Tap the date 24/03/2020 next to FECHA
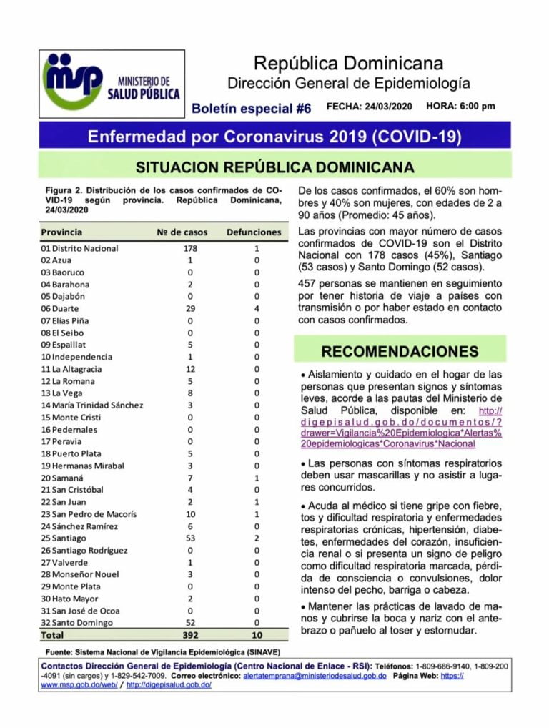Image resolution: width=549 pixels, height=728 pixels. pyautogui.click(x=388, y=107)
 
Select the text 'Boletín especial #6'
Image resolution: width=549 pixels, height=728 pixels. pyautogui.click(x=252, y=109)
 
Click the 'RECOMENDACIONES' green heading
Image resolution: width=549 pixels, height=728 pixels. pyautogui.click(x=400, y=351)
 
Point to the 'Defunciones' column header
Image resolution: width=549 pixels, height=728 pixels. pyautogui.click(x=254, y=232)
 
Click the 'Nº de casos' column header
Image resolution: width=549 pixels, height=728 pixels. pyautogui.click(x=182, y=232)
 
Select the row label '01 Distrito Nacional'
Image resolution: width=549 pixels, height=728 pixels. pyautogui.click(x=79, y=248)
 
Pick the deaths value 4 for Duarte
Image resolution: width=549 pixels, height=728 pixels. pyautogui.click(x=257, y=308)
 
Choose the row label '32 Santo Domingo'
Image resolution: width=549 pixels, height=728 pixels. pyautogui.click(x=76, y=623)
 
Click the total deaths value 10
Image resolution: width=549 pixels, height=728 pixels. pyautogui.click(x=257, y=635)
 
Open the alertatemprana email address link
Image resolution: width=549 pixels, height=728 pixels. pyautogui.click(x=315, y=675)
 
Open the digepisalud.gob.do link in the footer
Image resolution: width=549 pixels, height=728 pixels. pyautogui.click(x=169, y=684)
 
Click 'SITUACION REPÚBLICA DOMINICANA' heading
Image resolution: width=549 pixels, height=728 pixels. pyautogui.click(x=275, y=167)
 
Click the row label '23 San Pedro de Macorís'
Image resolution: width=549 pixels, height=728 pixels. pyautogui.click(x=88, y=513)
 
